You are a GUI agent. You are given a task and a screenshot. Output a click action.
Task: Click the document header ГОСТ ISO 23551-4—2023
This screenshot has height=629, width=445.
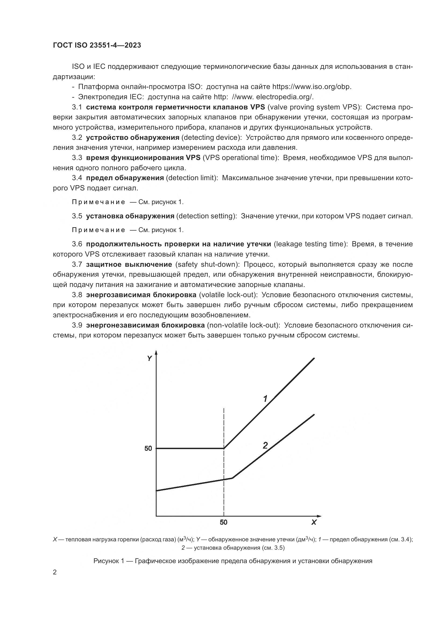(x=97, y=45)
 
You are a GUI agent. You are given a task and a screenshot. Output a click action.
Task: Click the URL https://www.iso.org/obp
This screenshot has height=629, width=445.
(x=311, y=87)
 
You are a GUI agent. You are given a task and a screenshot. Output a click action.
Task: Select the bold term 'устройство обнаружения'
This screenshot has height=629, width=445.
(x=133, y=137)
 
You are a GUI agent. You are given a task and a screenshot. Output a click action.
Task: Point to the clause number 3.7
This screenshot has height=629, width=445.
(x=77, y=265)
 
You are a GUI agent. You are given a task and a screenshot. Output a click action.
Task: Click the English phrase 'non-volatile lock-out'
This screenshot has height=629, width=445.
(x=243, y=325)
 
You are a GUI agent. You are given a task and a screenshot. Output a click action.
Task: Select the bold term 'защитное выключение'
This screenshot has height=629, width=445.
(x=129, y=265)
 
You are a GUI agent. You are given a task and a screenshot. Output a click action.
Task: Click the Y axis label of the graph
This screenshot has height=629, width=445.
(x=149, y=358)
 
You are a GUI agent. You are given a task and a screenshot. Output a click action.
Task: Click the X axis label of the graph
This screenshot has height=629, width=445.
(x=314, y=522)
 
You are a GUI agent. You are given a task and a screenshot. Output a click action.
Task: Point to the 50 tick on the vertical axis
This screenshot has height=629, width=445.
(x=148, y=449)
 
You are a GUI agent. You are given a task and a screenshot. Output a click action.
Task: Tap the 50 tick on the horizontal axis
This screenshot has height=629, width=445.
(x=224, y=522)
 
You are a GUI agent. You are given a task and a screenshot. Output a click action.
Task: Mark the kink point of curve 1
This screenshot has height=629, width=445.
(x=224, y=449)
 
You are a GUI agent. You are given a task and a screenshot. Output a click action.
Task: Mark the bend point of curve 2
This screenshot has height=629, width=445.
(x=233, y=478)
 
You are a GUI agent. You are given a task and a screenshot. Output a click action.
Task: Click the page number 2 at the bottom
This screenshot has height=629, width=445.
(x=55, y=572)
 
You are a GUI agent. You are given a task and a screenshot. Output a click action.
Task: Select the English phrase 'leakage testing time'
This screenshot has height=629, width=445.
(x=310, y=244)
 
